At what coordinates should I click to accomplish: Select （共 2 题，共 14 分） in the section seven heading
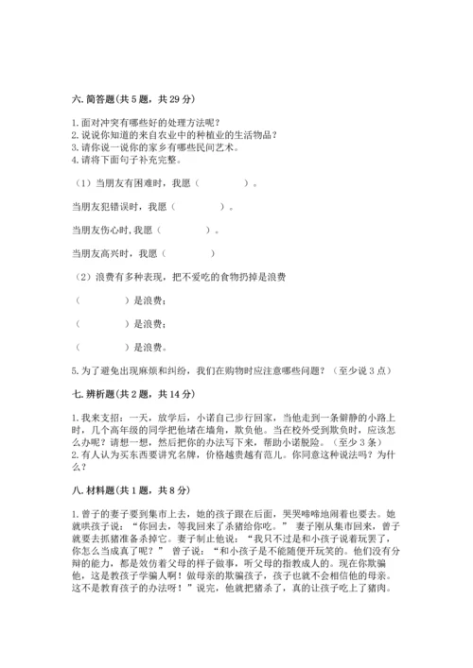pos(158,390)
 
